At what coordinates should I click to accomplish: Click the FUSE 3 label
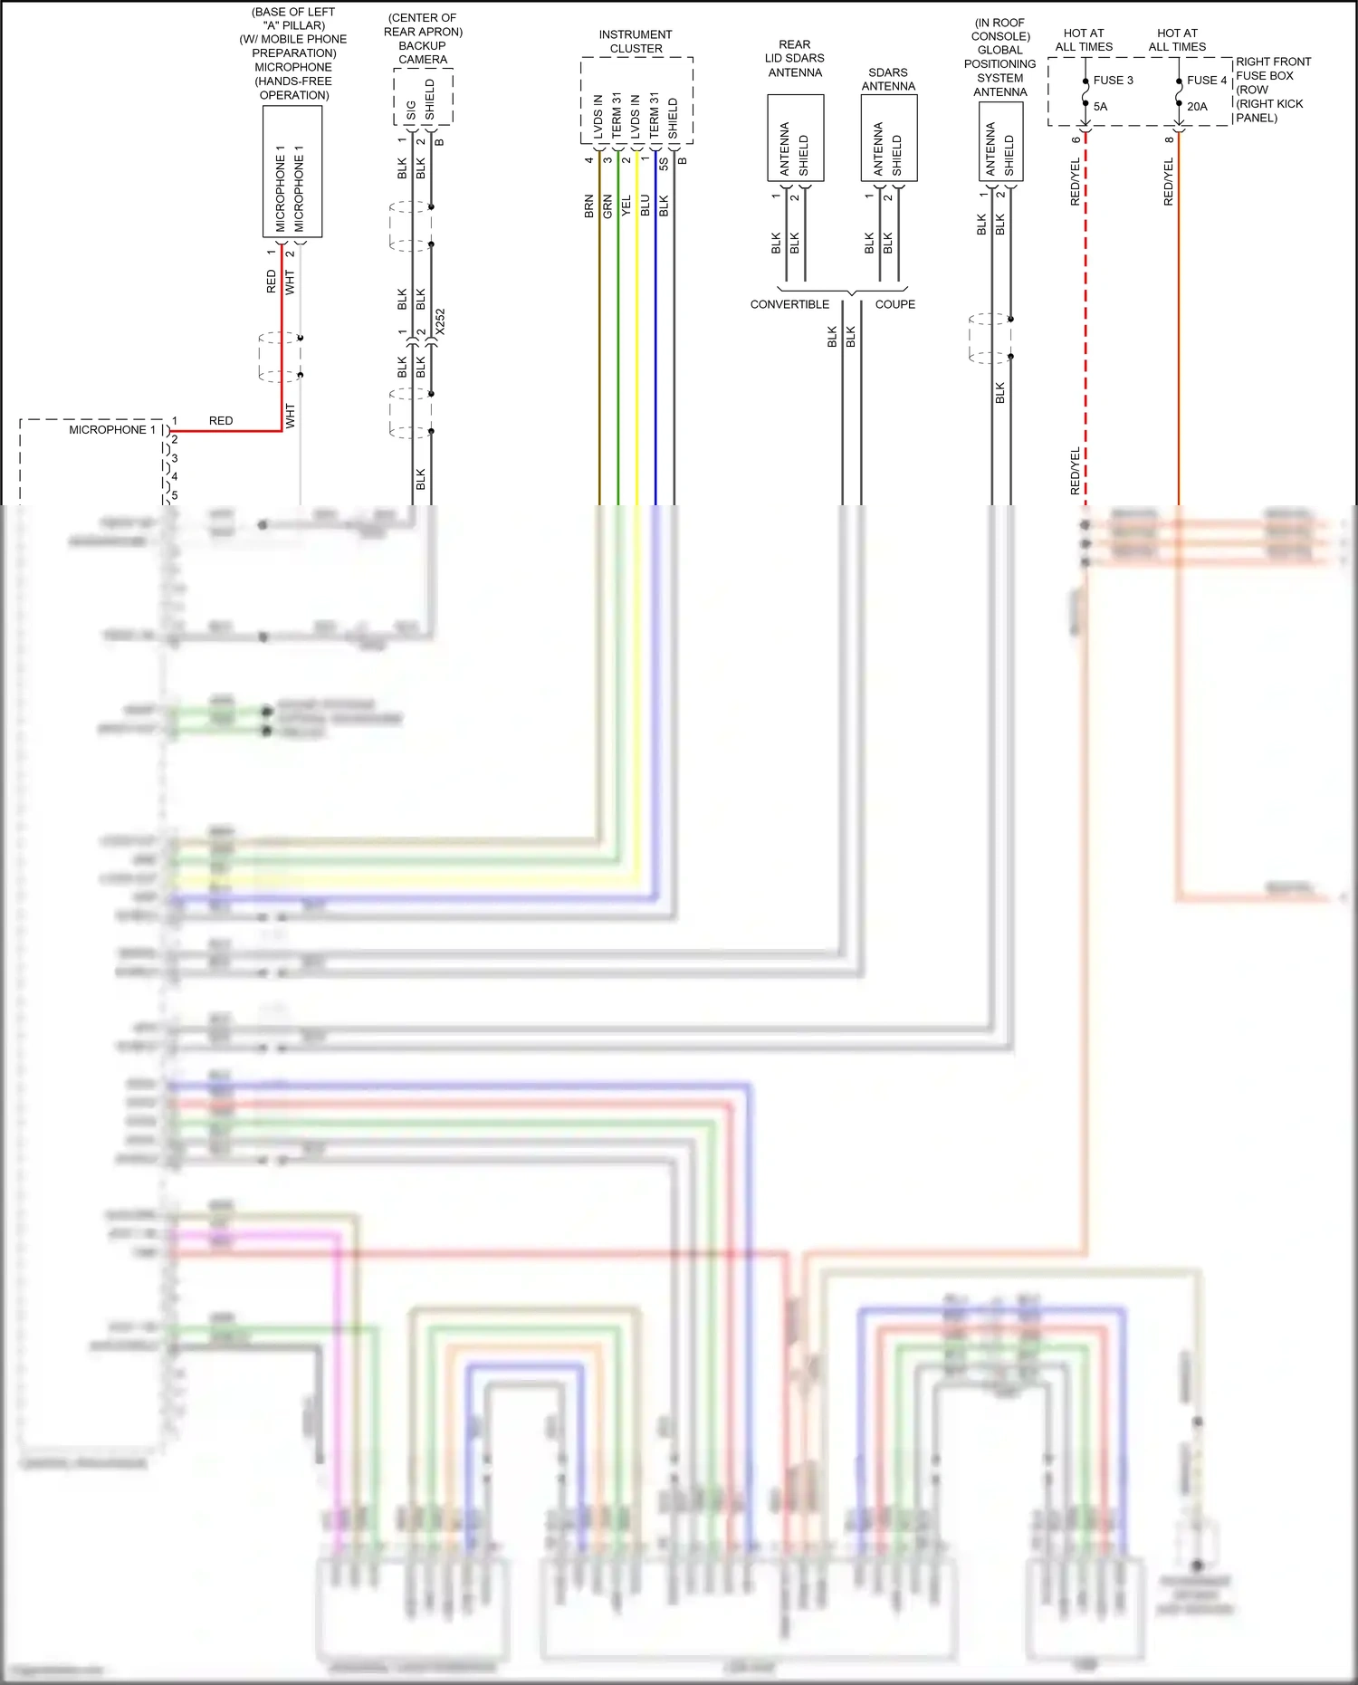click(x=1113, y=81)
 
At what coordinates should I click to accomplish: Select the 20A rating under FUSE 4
click(x=1197, y=107)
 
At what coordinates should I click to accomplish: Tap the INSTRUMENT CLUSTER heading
click(x=636, y=42)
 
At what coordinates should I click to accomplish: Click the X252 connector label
click(x=441, y=321)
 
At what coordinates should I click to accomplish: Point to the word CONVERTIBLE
click(x=789, y=305)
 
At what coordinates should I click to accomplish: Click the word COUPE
click(x=894, y=305)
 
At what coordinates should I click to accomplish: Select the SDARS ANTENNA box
click(x=888, y=138)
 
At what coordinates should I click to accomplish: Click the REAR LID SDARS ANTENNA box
click(x=795, y=138)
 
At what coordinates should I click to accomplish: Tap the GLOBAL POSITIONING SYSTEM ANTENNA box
click(x=1000, y=141)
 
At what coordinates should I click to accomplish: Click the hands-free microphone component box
click(x=292, y=172)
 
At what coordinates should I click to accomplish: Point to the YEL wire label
click(x=626, y=206)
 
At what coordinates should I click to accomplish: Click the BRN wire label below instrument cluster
click(x=589, y=206)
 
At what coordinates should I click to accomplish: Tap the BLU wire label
click(x=646, y=206)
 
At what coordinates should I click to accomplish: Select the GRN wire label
click(x=607, y=206)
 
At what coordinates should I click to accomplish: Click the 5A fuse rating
click(x=1100, y=107)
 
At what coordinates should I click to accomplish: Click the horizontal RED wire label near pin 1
click(x=221, y=421)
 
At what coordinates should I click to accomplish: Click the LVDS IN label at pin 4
click(x=598, y=117)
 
